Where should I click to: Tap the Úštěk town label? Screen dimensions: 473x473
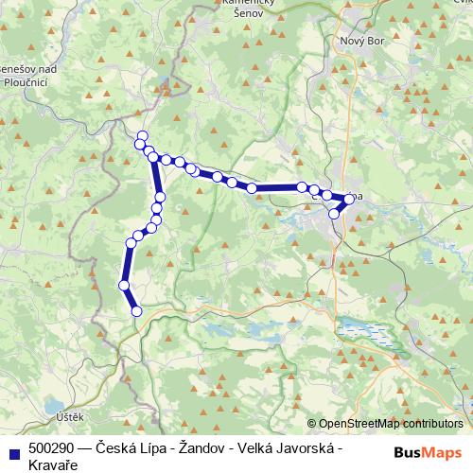pos(70,417)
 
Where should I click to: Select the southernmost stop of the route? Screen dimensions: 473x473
pos(136,310)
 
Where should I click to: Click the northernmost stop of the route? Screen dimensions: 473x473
pos(142,135)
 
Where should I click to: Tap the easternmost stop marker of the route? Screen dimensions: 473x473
pos(349,199)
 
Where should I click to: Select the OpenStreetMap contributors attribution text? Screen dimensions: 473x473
pos(392,423)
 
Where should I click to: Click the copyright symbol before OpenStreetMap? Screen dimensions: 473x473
pos(312,423)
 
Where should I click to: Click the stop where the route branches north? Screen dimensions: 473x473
pos(154,159)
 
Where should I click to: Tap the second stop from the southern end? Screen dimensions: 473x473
pos(124,285)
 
